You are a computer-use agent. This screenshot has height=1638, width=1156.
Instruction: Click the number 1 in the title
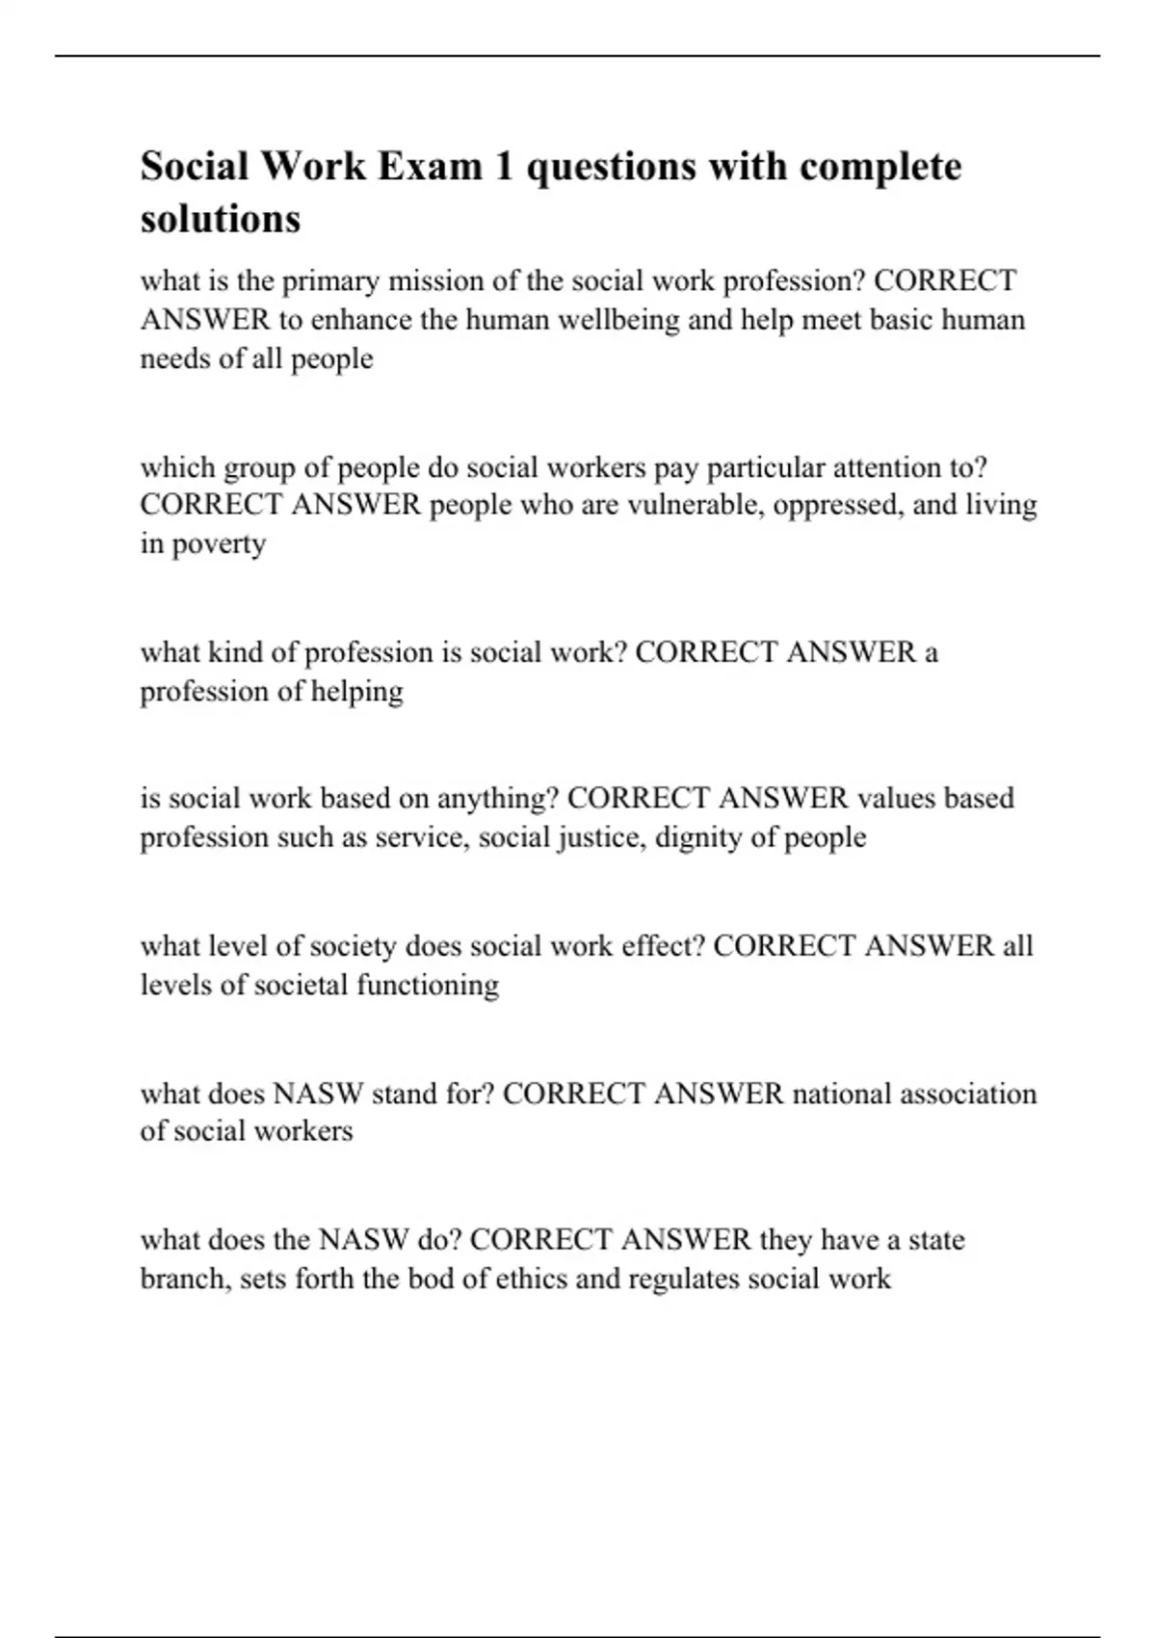point(504,166)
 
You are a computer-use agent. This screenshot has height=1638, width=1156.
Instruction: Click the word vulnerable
point(696,505)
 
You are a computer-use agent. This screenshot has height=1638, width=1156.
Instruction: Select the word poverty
point(219,544)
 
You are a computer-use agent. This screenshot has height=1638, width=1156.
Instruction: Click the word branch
point(185,1279)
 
